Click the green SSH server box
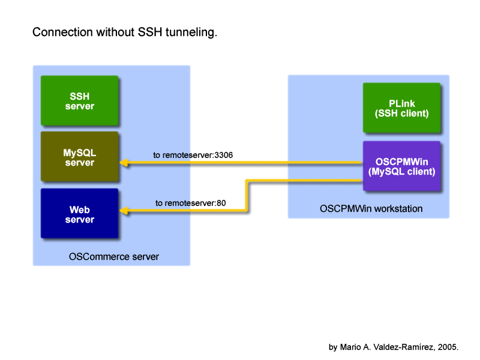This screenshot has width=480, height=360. (x=80, y=100)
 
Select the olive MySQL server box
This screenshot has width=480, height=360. (x=80, y=157)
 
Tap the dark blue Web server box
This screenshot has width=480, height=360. (x=80, y=213)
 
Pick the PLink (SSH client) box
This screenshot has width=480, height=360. (x=401, y=108)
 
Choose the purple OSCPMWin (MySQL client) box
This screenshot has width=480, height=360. (x=401, y=166)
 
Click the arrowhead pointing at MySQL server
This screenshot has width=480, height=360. (x=124, y=163)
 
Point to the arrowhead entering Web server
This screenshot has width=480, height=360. (x=124, y=211)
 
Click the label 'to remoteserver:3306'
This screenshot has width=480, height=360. (x=193, y=155)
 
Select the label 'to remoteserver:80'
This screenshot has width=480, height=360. (x=190, y=203)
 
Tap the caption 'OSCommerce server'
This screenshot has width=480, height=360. (x=114, y=257)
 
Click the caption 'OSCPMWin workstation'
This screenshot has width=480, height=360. (x=371, y=208)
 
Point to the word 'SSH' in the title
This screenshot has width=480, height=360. (x=149, y=32)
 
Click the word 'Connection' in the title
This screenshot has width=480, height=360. (x=62, y=32)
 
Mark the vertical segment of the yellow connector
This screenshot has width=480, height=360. (x=247, y=196)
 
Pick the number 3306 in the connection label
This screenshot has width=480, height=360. (x=223, y=155)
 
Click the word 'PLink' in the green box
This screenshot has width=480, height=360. (x=401, y=103)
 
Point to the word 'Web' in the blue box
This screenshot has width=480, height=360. (x=80, y=209)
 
